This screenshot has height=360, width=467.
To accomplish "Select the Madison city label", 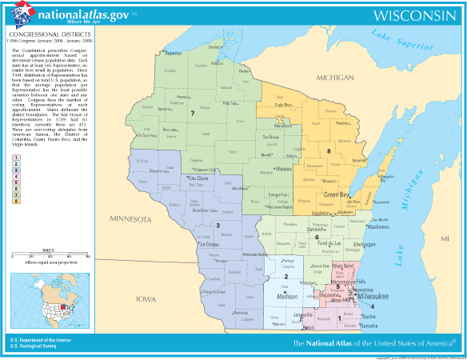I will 287,296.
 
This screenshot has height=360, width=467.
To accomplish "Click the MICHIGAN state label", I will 334,78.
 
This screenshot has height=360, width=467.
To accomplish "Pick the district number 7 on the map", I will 192,114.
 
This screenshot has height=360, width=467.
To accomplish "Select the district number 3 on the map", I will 218,226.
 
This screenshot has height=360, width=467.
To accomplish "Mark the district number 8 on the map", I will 328,150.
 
